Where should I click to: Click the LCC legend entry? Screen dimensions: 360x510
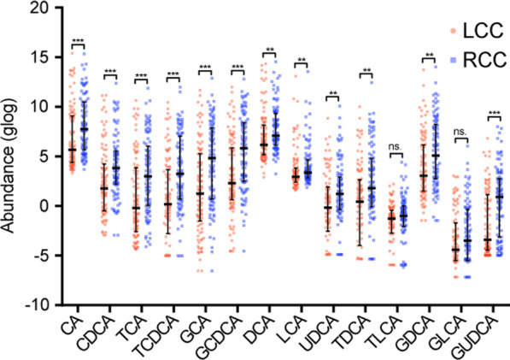(466, 31)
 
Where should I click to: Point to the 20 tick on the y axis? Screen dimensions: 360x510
(48, 9)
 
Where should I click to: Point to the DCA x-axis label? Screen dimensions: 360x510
(264, 326)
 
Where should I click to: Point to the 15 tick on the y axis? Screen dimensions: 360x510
(48, 58)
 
